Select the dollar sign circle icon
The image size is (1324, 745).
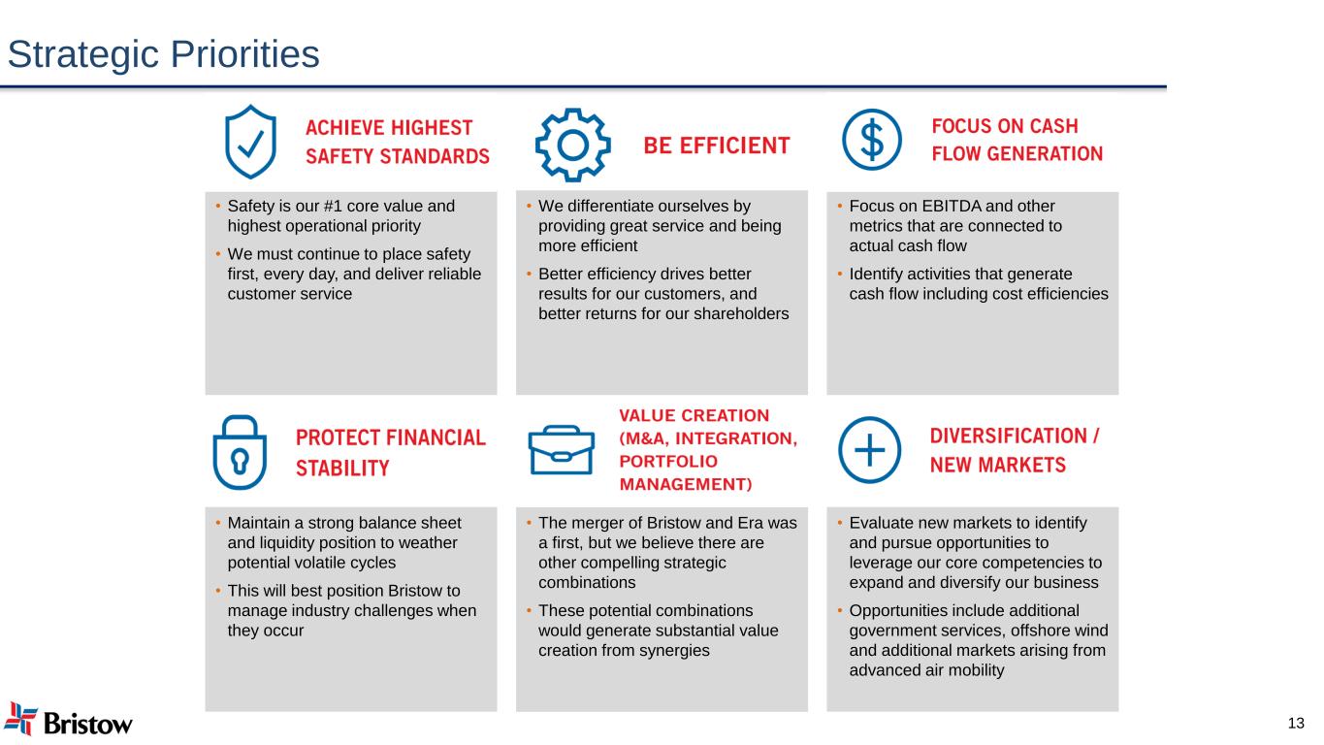(872, 140)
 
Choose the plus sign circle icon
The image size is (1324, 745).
(869, 450)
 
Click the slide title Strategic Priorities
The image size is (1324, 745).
(163, 54)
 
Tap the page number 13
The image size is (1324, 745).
(1296, 723)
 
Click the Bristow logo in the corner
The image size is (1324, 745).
(68, 720)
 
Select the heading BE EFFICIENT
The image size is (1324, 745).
(717, 146)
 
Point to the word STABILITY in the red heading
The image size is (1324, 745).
(342, 469)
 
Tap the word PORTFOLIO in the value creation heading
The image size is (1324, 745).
(668, 461)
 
